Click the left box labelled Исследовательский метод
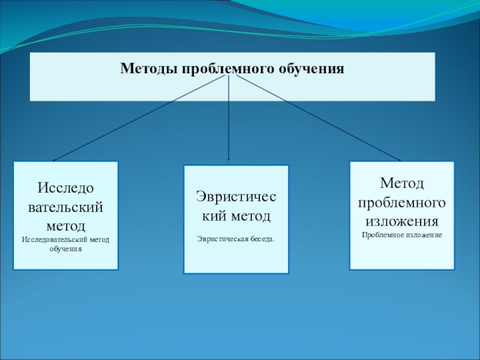point(65,215)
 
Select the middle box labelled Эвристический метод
point(236,220)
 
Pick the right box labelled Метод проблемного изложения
point(401,215)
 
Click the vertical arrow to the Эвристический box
point(229,120)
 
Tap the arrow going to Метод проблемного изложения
point(318,120)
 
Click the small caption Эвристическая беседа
point(236,239)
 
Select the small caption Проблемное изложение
point(402,235)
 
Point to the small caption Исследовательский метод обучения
point(65,244)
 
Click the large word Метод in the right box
point(401,182)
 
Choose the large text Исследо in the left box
point(65,188)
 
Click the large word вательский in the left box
point(65,208)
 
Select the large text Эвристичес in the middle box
point(236,196)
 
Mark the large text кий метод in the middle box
point(236,214)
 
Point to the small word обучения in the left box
point(65,248)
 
